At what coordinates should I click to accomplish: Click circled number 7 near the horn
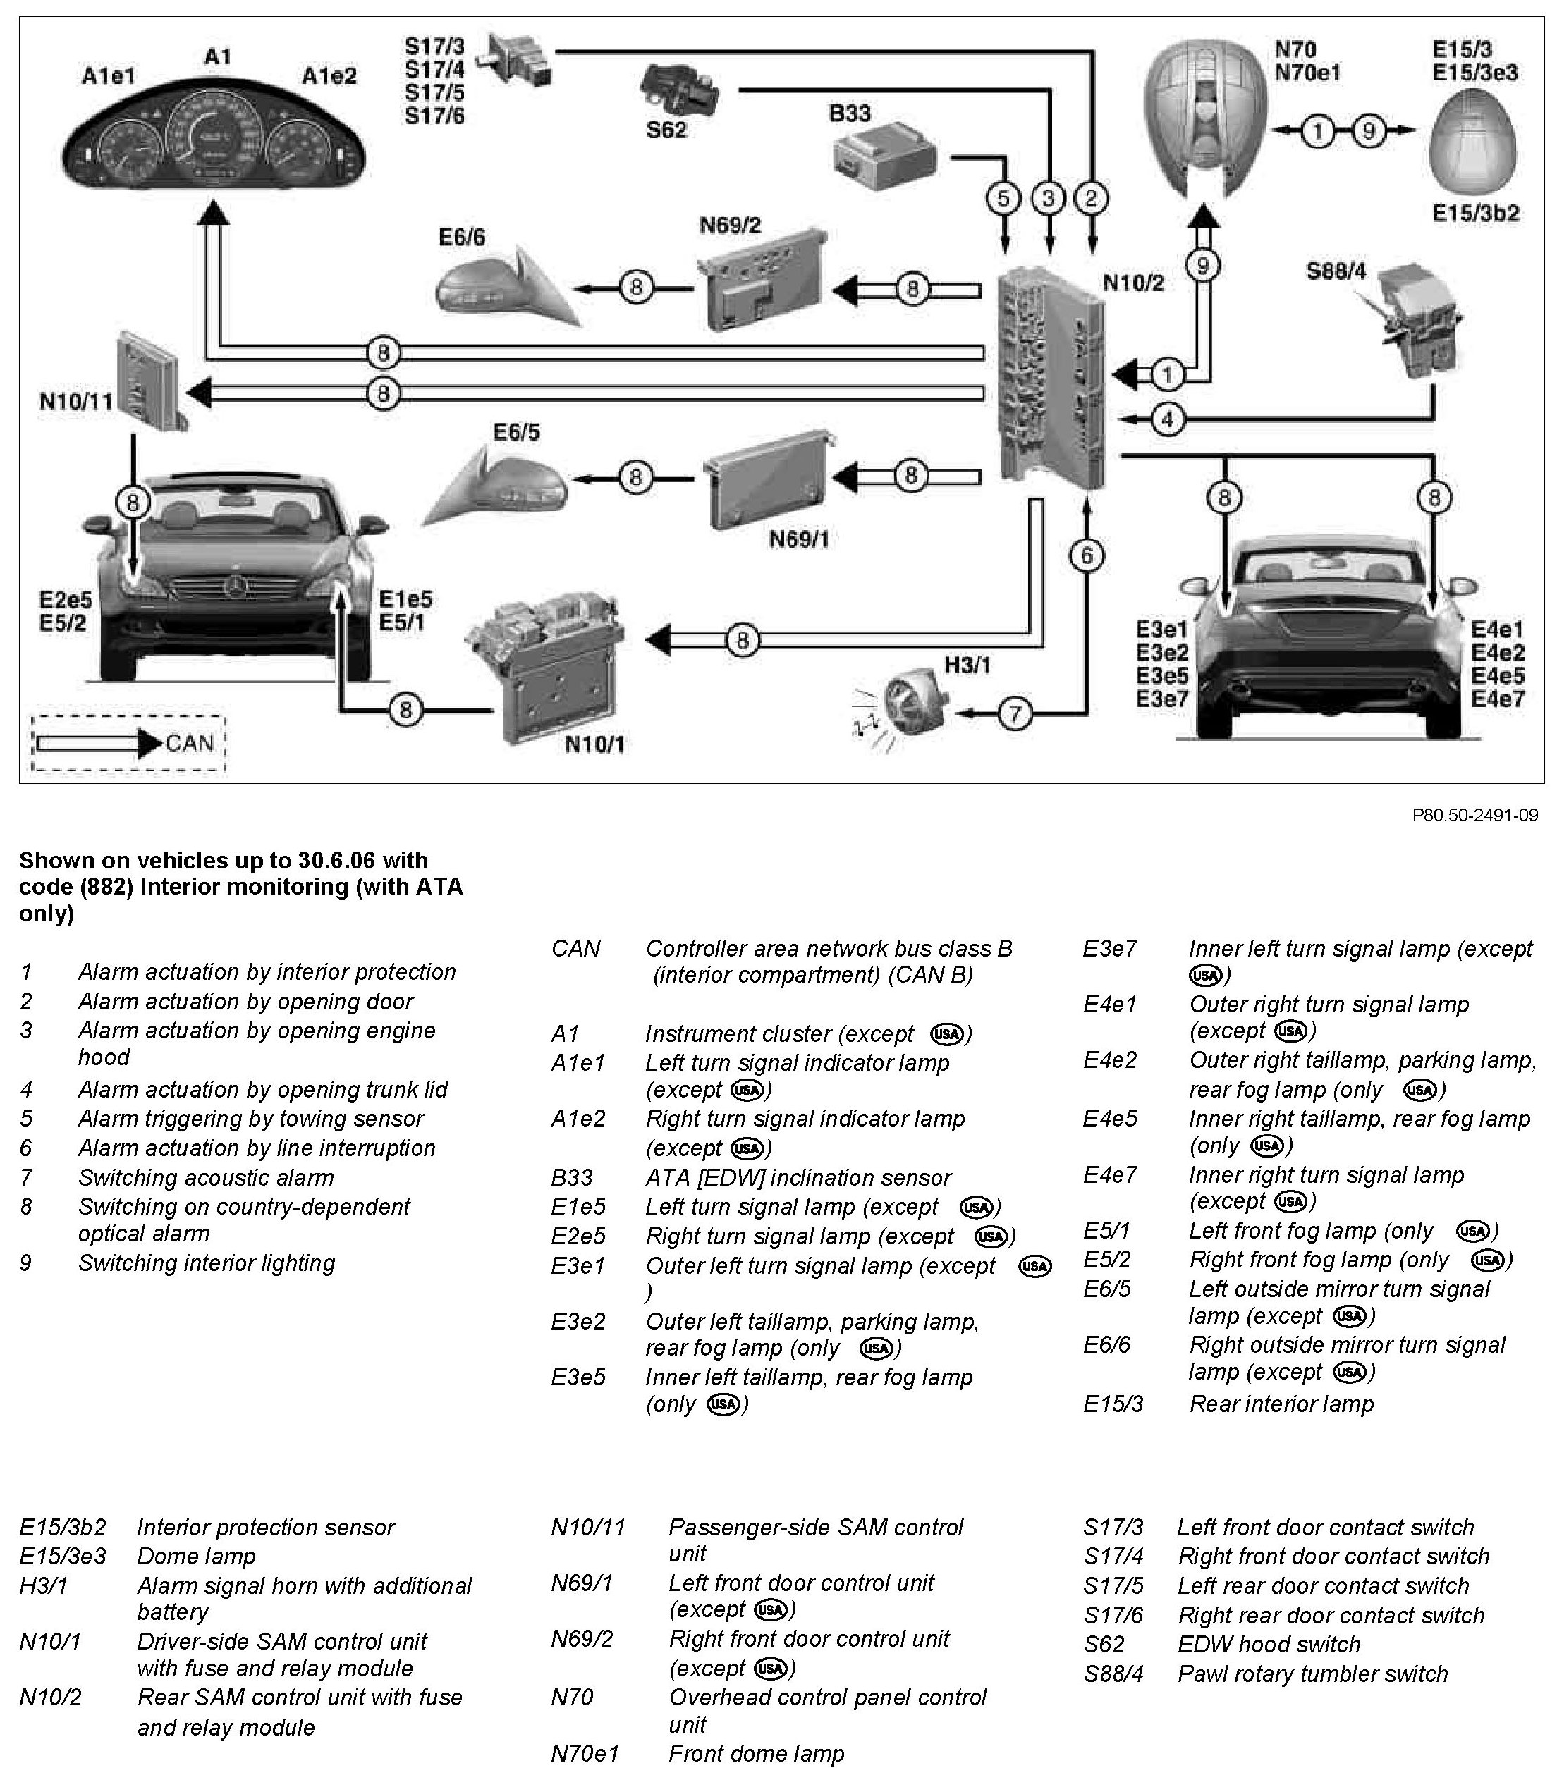1015,713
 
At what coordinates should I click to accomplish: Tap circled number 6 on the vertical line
1087,555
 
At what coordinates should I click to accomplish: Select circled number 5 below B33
1003,199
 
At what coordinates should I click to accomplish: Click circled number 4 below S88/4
1168,419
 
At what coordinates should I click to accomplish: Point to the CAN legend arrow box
128,743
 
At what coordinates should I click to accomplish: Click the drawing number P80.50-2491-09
1474,815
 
